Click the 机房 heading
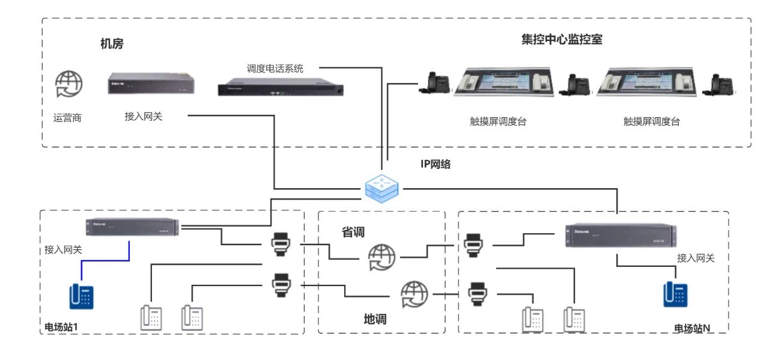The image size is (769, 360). pos(112,44)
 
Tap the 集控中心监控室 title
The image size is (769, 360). pos(562,40)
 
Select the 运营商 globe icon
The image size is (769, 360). pos(68,84)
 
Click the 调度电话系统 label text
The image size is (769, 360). pos(275,69)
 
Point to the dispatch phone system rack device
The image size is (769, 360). pos(281,88)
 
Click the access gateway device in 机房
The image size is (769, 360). pos(152,84)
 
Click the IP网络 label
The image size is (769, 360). pos(436,163)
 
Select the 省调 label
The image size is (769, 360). pos(353,232)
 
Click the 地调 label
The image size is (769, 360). pos(375,319)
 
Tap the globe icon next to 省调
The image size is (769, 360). pos(383,257)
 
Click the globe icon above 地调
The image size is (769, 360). pos(415,294)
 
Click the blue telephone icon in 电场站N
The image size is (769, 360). pos(675,294)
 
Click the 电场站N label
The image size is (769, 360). pos(692,328)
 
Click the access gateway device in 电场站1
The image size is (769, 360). pos(132,227)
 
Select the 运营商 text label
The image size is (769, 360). pos(67,118)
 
